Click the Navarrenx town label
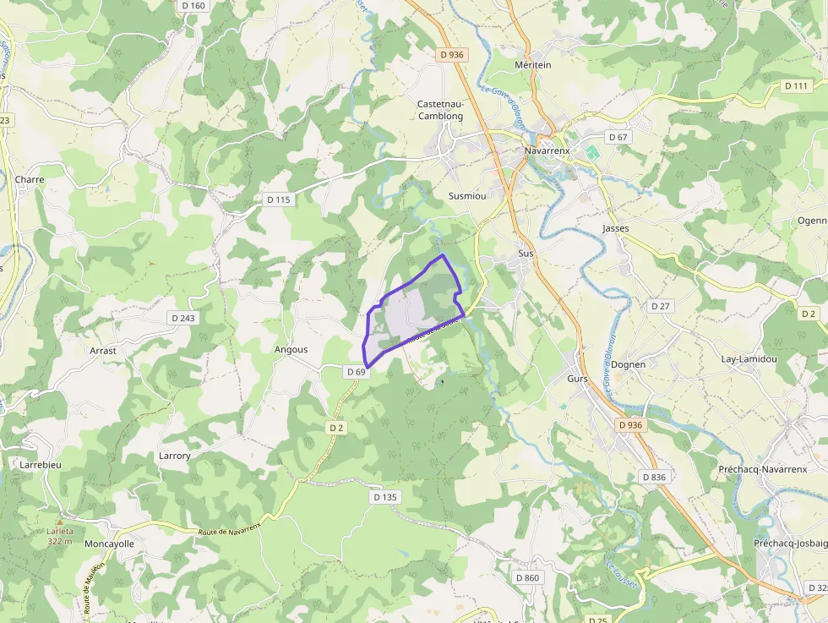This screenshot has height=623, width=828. tap(547, 150)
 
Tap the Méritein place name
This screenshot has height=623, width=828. tap(532, 65)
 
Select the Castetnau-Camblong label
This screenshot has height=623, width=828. tap(440, 110)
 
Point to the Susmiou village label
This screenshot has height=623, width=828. tap(467, 195)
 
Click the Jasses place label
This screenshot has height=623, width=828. tap(616, 228)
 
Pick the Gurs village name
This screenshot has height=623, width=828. tap(578, 379)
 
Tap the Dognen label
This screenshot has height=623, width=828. tap(628, 364)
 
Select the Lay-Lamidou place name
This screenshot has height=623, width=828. tap(749, 358)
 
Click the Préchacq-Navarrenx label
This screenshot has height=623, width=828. tap(762, 469)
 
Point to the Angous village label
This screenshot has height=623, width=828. tap(291, 349)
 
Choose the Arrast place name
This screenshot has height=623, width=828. tap(103, 350)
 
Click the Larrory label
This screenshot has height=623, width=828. tap(175, 456)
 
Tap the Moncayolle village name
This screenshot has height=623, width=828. tap(109, 544)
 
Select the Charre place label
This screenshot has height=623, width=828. tap(29, 179)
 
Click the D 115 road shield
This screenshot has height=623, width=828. tap(278, 199)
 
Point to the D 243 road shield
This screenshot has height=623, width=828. tap(182, 318)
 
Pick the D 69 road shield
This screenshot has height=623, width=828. tap(356, 371)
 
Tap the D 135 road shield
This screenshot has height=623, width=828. tap(384, 497)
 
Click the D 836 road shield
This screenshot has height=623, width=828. tap(654, 477)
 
